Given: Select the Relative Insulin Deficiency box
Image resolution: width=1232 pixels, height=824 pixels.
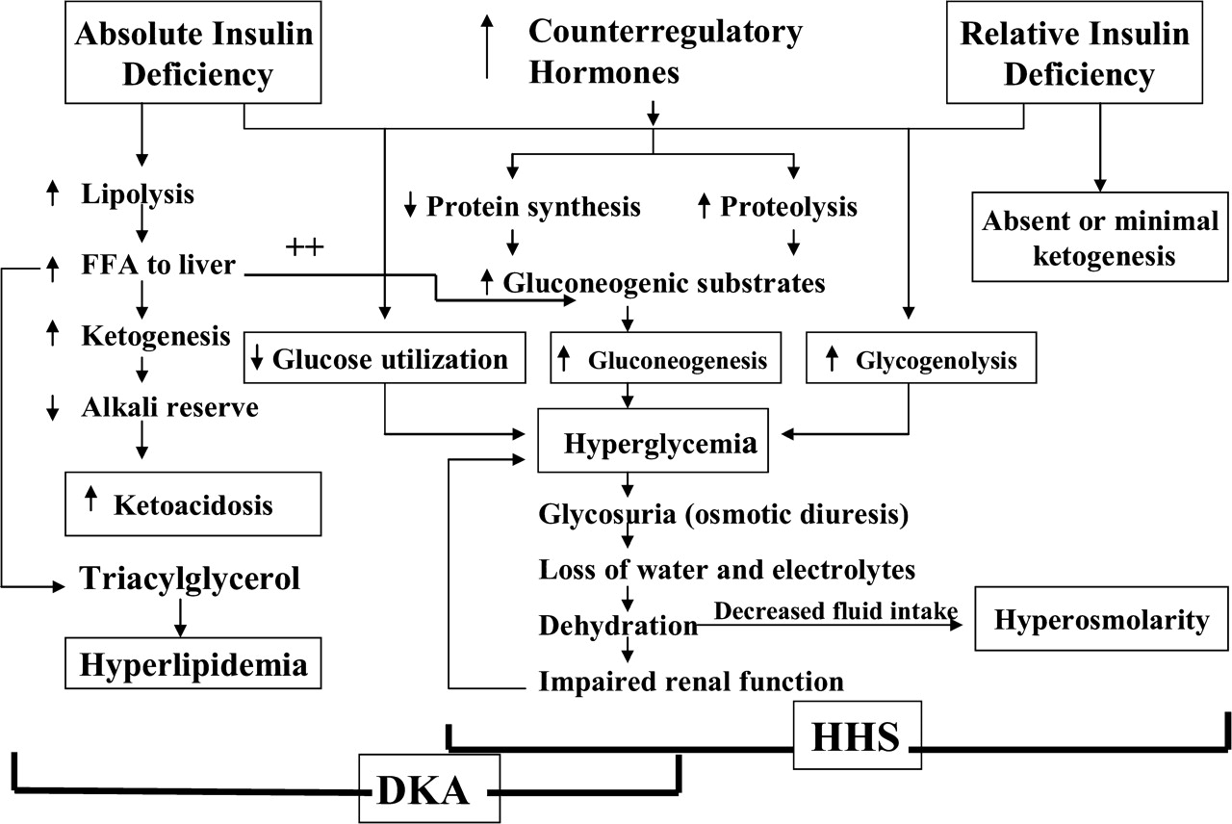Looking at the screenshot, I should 1076,54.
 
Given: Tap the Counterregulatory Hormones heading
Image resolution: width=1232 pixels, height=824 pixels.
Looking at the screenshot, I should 664,50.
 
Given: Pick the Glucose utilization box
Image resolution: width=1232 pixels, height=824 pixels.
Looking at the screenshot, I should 385,360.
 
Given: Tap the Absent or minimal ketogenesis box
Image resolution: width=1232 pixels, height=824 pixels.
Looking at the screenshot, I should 1100,239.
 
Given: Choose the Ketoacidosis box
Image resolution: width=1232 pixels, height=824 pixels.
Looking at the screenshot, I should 192,503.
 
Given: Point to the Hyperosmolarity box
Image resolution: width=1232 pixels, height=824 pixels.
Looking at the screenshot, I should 1101,621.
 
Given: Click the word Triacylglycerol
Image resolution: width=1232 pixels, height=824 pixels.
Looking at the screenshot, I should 189,579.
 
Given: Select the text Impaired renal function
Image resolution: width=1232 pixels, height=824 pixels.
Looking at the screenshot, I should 690,682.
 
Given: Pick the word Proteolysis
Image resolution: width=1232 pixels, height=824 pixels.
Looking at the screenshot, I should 787,206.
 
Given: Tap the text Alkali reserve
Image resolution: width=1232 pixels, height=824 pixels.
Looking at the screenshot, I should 169,407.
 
